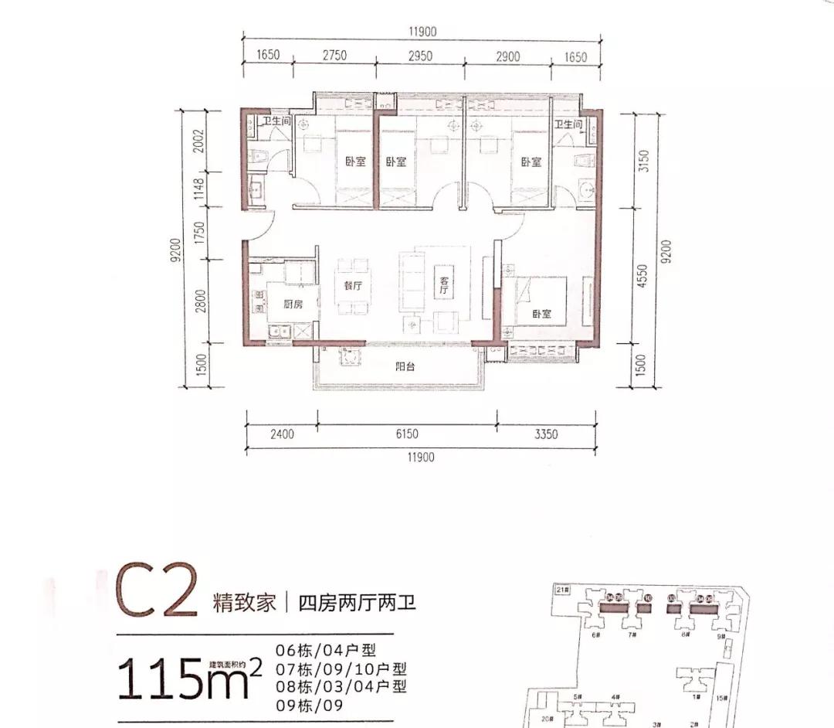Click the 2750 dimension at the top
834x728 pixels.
[x=334, y=56]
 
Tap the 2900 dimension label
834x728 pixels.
[x=507, y=56]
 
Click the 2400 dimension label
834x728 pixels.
[x=283, y=434]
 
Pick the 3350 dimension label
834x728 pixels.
[x=545, y=434]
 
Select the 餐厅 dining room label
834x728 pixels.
[x=353, y=285]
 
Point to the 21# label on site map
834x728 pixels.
[x=562, y=590]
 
